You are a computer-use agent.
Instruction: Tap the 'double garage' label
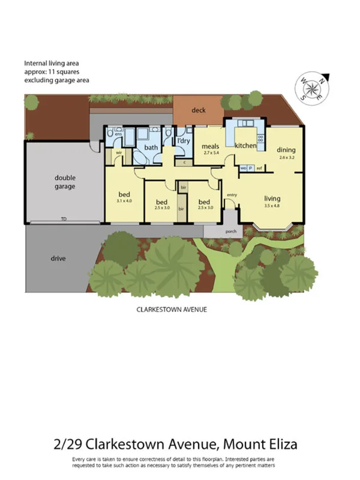pos(65,182)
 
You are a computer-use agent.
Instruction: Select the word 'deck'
pos(199,110)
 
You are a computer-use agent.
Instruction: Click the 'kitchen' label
pos(245,146)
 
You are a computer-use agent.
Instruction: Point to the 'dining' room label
pos(286,150)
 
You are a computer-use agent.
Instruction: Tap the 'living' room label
pos(272,199)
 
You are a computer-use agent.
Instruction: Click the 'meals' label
pos(209,146)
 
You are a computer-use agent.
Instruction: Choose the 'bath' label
pos(151,147)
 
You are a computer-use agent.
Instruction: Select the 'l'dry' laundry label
pos(183,141)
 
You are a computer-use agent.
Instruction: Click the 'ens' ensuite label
pos(110,134)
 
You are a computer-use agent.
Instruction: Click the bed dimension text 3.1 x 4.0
pos(124,201)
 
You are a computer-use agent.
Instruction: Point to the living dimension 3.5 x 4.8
pos(272,206)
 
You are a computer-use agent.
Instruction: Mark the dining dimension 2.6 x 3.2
pos(287,158)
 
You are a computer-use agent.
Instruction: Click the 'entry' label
pos(232,194)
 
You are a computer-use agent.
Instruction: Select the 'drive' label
pos(58,259)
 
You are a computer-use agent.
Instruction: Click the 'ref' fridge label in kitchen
pos(259,168)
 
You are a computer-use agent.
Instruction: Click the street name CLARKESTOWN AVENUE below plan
pos(167,310)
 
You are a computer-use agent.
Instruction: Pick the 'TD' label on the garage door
pos(63,219)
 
